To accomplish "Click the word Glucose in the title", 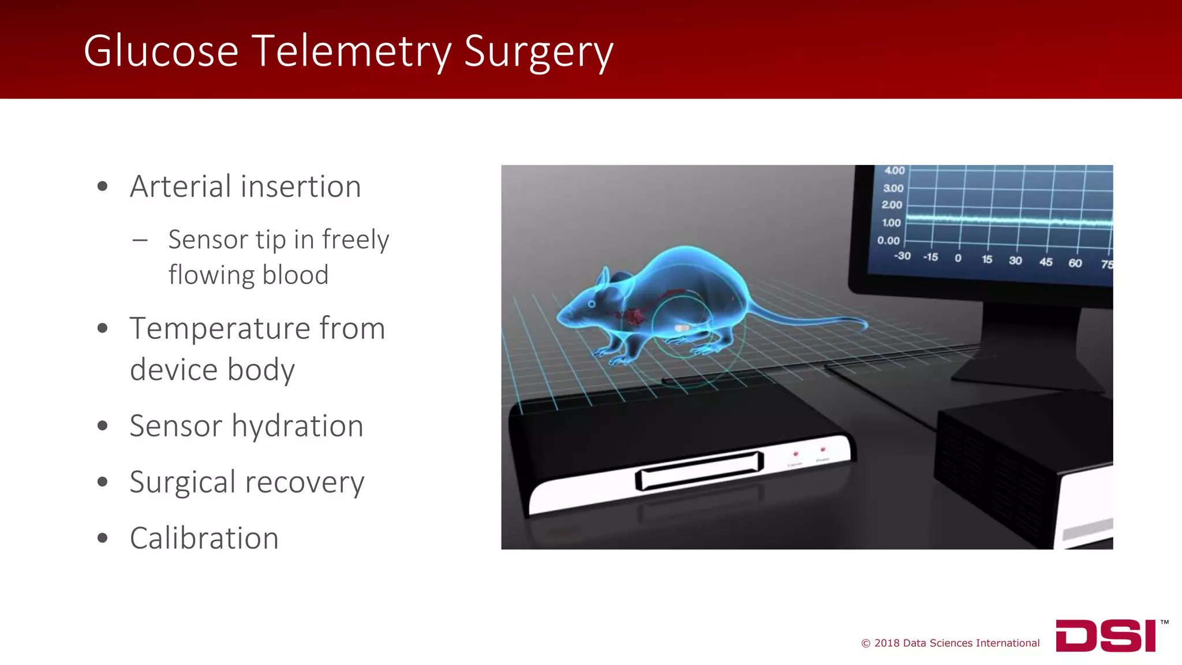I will click(160, 51).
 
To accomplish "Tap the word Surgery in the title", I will click(538, 52).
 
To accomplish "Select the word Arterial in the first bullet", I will click(180, 186).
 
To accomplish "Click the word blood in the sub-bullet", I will click(295, 275).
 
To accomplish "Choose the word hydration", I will click(297, 427).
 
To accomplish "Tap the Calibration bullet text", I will click(204, 538).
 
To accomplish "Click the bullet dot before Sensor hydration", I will click(103, 426).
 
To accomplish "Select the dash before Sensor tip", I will click(140, 240).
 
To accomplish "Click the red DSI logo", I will click(1105, 636).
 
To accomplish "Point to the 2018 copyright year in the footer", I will click(886, 643).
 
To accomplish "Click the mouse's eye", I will click(592, 303).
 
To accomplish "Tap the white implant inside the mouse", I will click(682, 328).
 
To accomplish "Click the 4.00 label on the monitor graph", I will click(894, 171).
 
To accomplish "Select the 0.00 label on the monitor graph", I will click(888, 240).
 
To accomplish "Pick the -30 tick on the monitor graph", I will click(902, 256).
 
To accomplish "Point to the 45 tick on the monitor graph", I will click(1046, 262).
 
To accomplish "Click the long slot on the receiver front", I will click(700, 470).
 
